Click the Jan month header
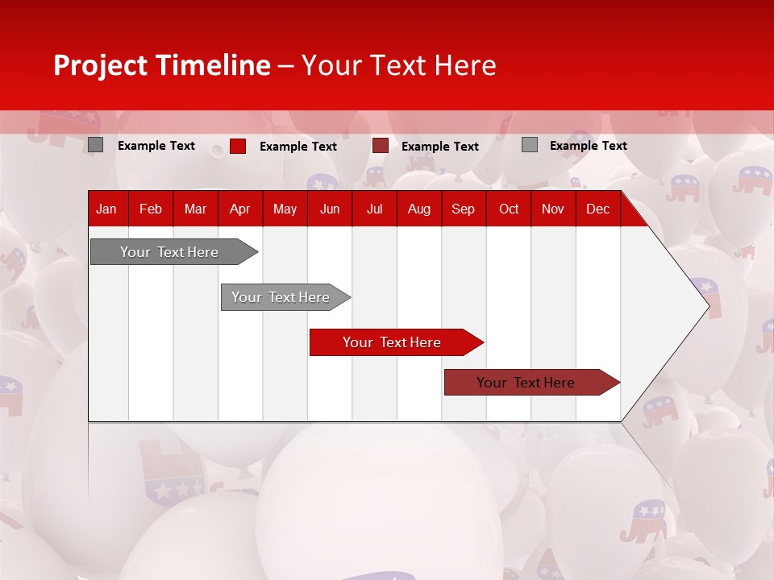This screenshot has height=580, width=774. click(106, 209)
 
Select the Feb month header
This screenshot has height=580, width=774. click(151, 209)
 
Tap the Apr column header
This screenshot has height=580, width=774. click(239, 209)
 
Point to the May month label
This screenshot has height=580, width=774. click(285, 209)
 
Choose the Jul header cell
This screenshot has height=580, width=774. click(374, 209)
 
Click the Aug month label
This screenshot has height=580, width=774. click(418, 209)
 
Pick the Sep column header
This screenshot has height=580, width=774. click(463, 209)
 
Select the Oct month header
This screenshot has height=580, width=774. click(509, 209)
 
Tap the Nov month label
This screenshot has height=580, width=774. click(553, 209)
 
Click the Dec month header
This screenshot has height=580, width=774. click(597, 209)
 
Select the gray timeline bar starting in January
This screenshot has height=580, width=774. click(169, 252)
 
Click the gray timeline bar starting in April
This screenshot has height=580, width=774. click(281, 297)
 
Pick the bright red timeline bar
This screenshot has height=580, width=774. click(392, 342)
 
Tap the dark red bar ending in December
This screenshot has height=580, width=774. click(526, 383)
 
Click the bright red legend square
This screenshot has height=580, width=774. click(238, 146)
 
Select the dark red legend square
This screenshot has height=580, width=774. click(381, 146)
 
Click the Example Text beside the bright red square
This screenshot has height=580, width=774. click(298, 147)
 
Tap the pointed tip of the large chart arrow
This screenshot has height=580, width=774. click(708, 305)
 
